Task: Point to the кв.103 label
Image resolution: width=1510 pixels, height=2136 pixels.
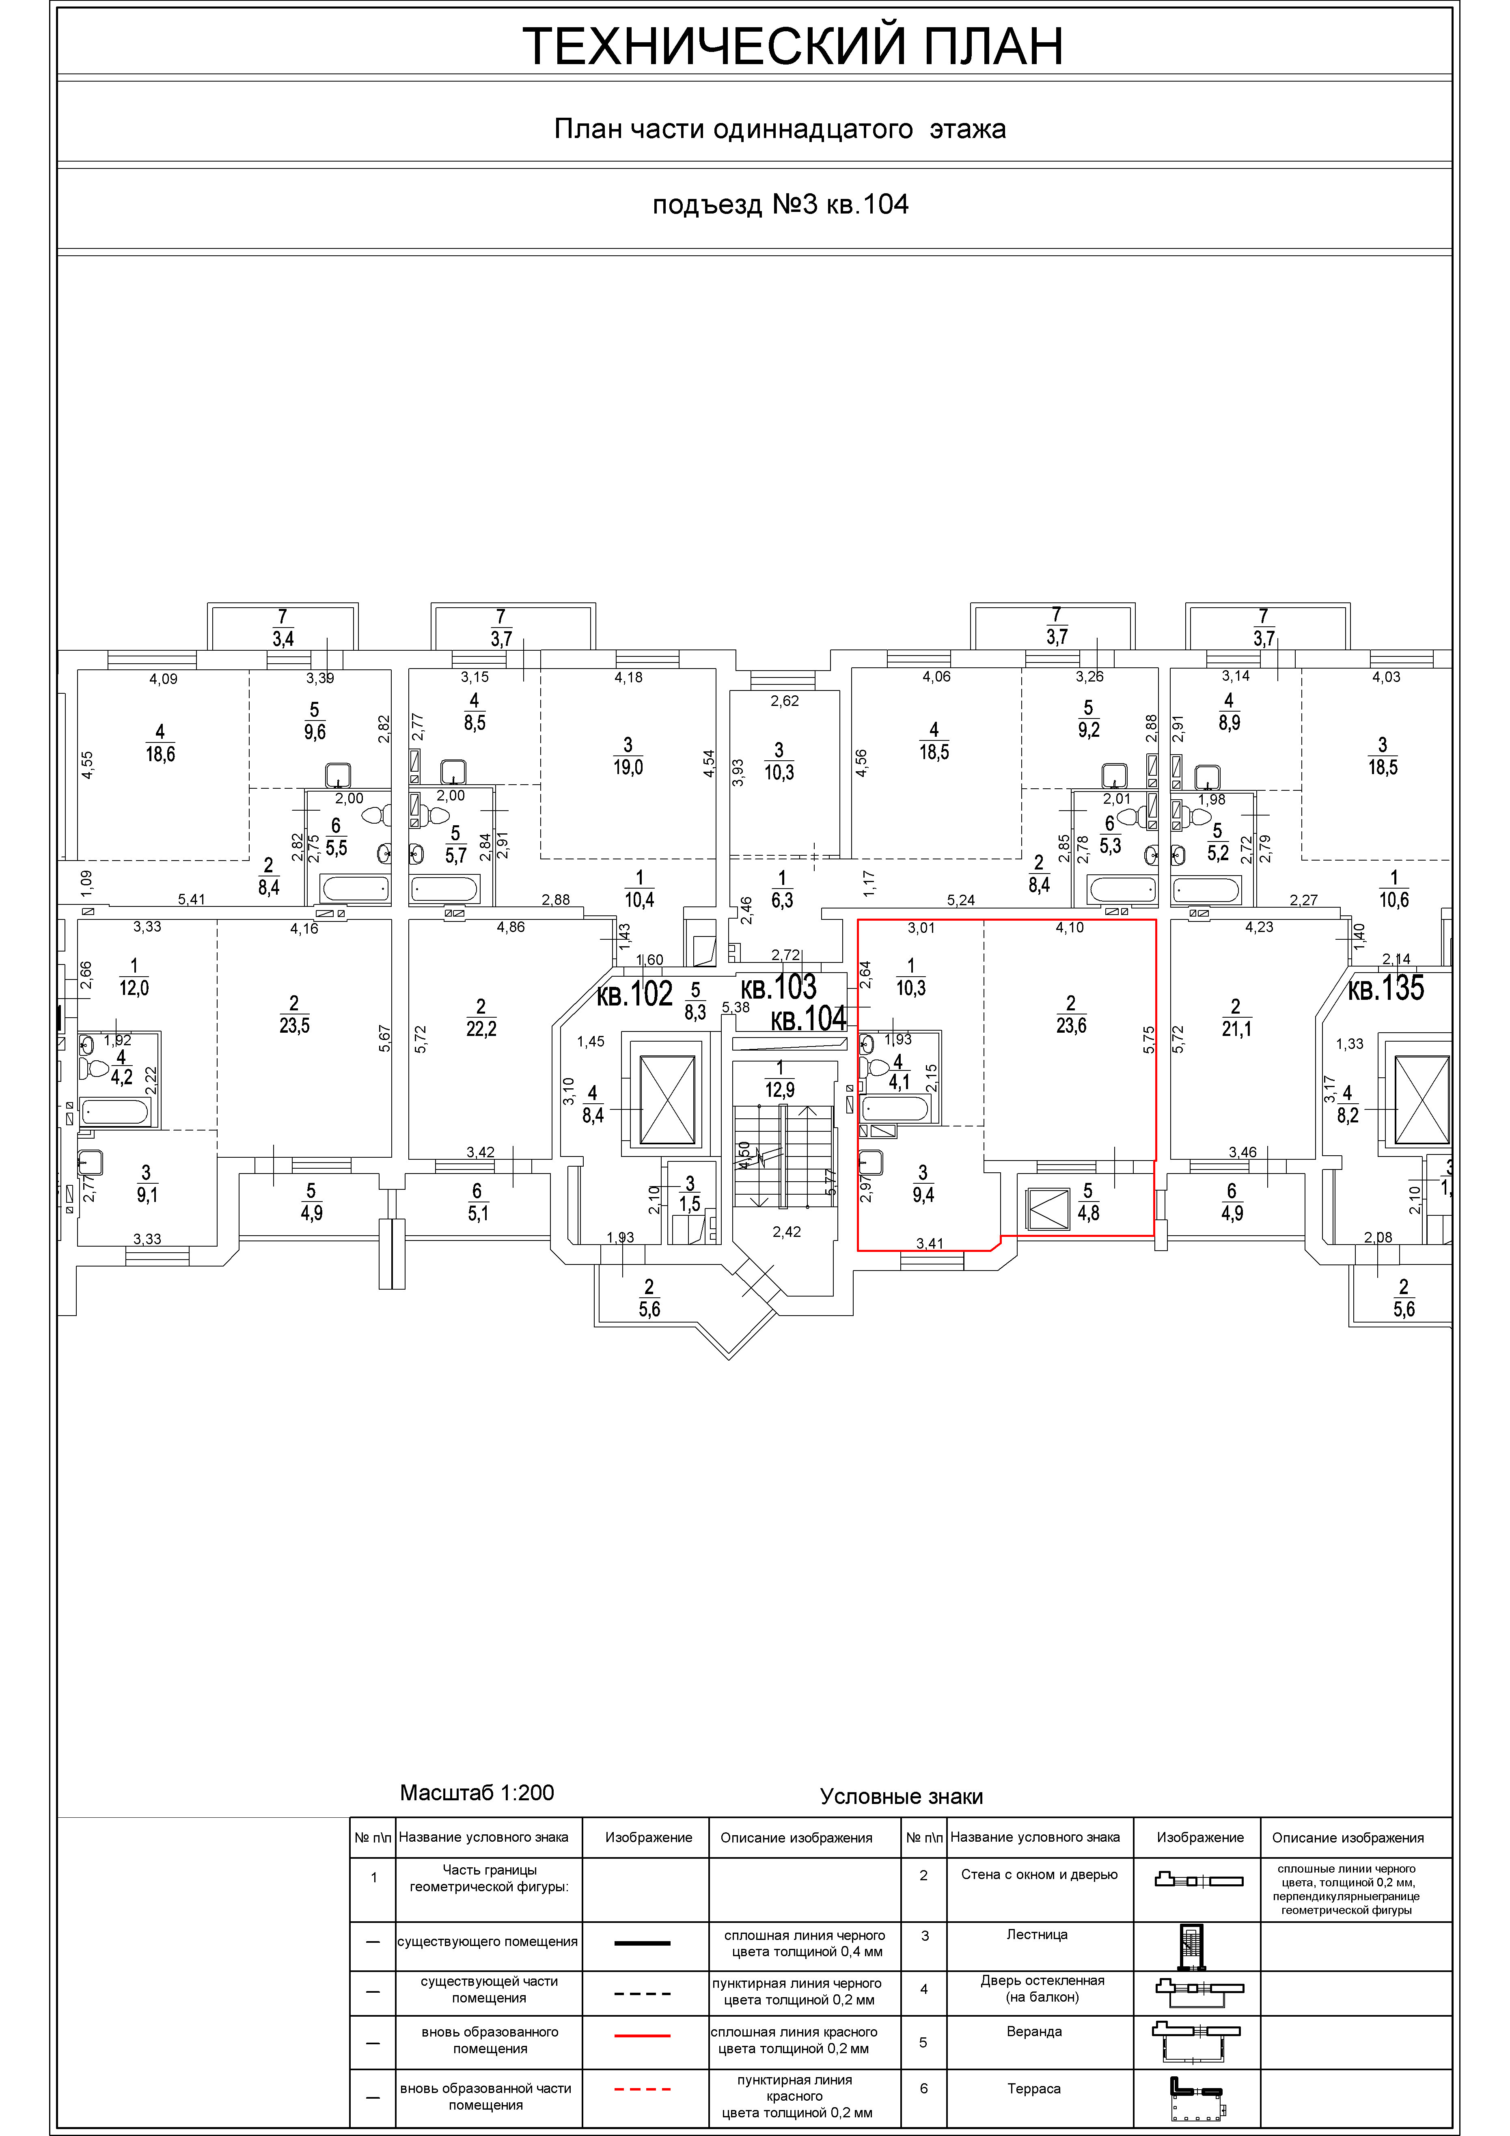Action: coord(779,986)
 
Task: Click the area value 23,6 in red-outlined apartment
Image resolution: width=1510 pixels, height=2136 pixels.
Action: coord(1071,1025)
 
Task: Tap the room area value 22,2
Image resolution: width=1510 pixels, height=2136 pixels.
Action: coord(481,1028)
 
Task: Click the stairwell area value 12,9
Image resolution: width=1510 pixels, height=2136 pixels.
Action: coord(780,1088)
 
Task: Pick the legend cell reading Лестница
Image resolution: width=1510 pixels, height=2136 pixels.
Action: coord(1036,1934)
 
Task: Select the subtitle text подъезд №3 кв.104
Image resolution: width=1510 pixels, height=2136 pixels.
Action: coord(780,205)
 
